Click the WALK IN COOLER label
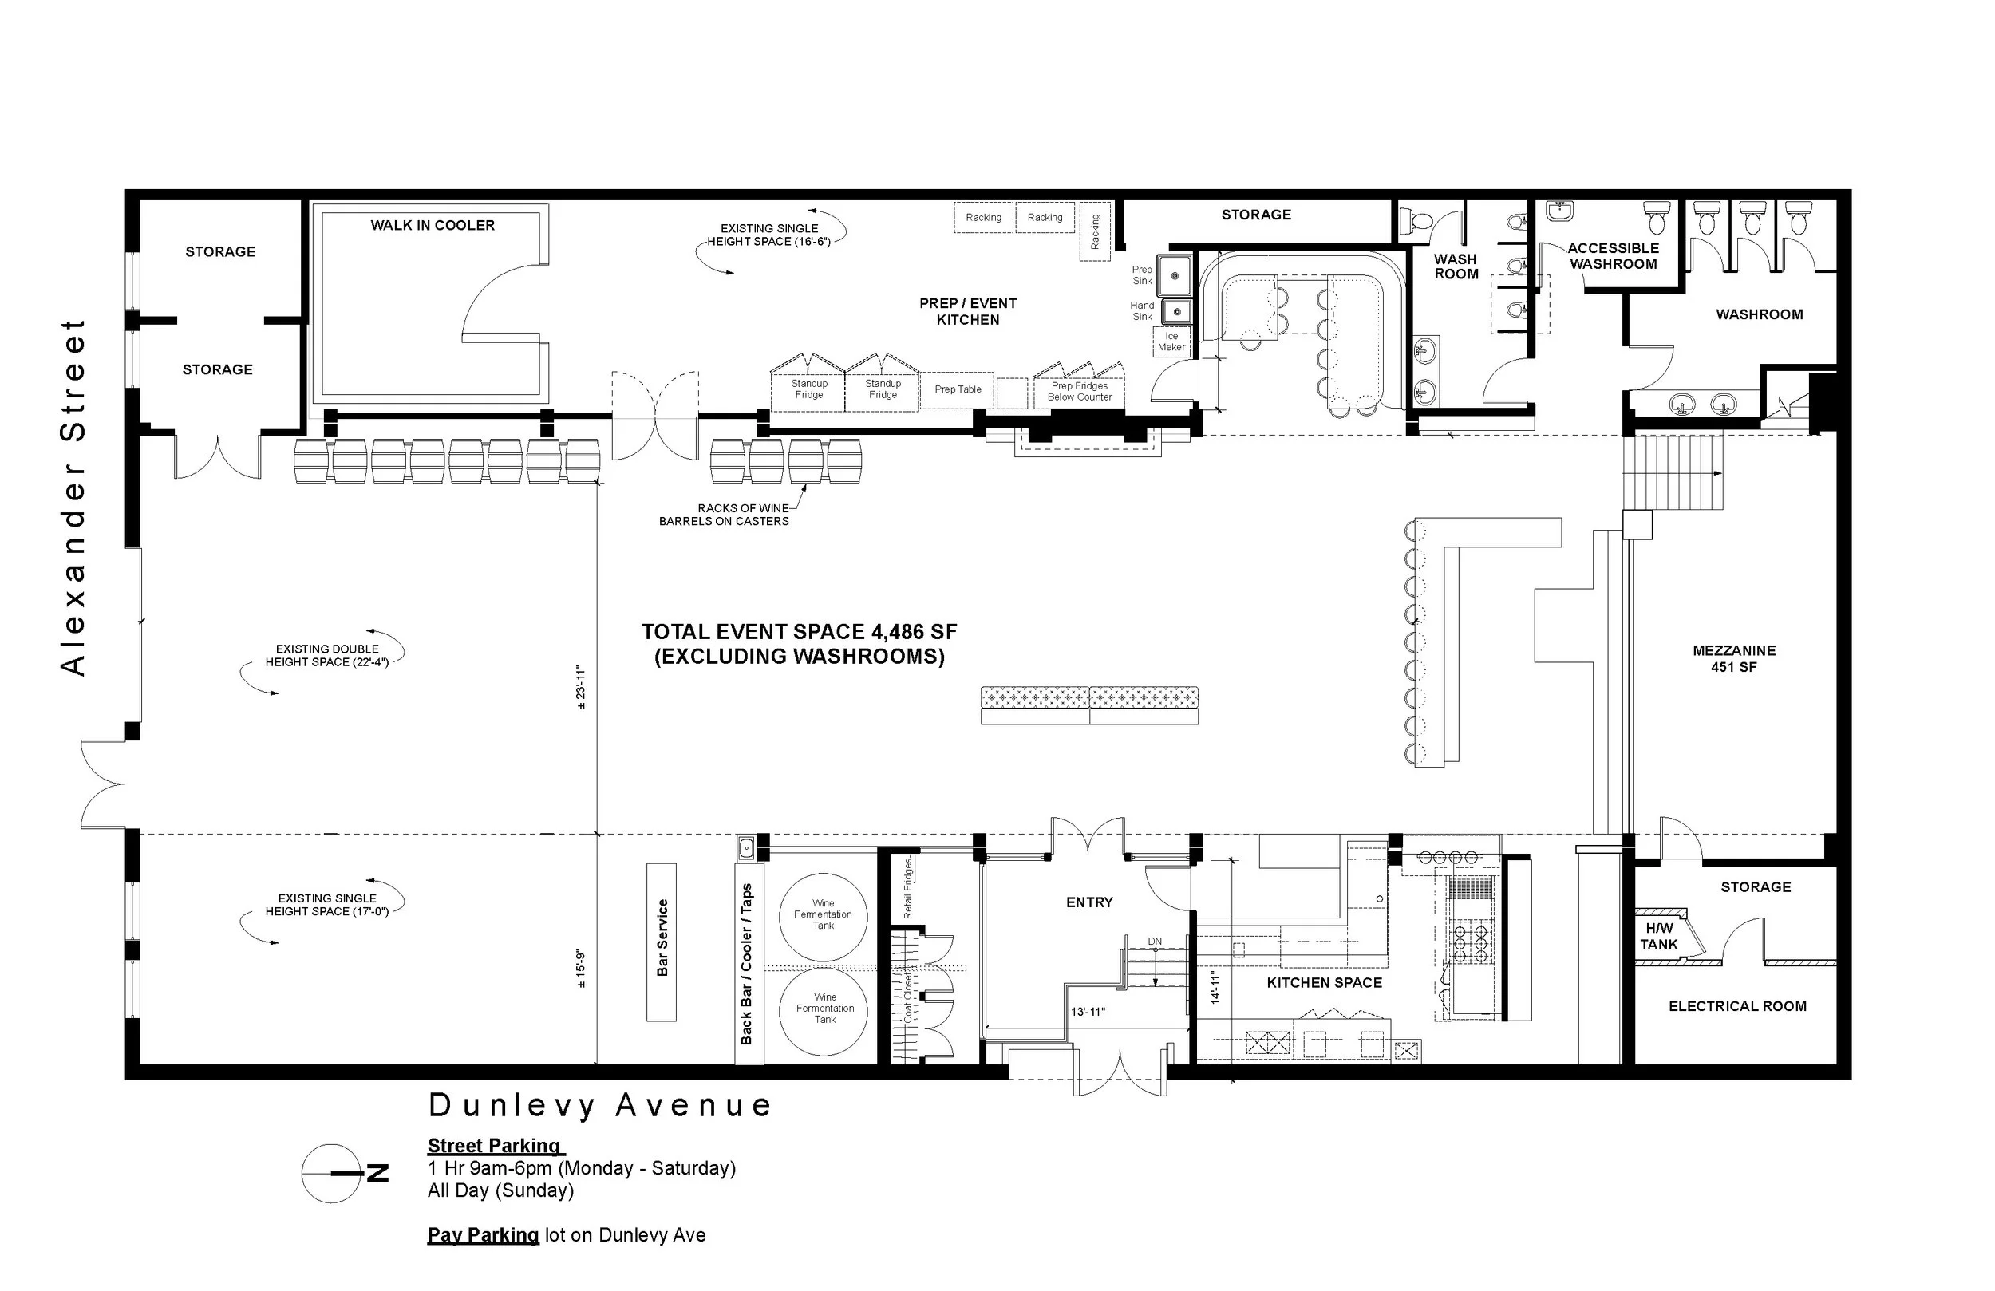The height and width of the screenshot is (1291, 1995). point(433,226)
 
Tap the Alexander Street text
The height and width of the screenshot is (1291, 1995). point(73,497)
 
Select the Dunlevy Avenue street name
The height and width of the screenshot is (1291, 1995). point(599,1106)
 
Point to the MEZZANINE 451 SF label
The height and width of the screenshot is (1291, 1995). point(1733,659)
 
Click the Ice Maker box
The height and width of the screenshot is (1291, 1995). point(1171,342)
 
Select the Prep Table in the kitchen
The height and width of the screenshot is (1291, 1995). point(958,390)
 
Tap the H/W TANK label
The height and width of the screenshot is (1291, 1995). point(1659,937)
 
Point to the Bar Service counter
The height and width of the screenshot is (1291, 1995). point(662,942)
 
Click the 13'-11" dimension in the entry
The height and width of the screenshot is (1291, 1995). point(1087,1012)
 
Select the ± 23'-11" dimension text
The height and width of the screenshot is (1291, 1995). point(581,688)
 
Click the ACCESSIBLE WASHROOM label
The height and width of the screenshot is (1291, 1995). point(1613,256)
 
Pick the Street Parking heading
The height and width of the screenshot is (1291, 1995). point(495,1146)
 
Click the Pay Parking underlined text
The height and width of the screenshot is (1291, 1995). point(483,1235)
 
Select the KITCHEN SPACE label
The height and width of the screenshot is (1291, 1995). point(1324,982)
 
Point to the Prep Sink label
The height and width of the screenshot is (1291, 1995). point(1142,275)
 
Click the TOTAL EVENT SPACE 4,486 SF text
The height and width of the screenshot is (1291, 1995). point(799,632)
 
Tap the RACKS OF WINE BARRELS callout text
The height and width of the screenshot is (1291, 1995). point(725,515)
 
